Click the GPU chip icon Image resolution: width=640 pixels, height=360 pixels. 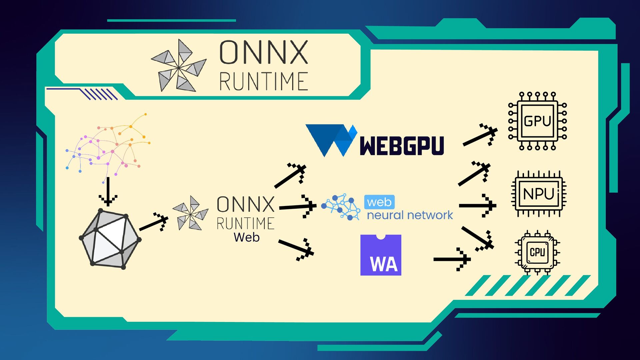(x=537, y=121)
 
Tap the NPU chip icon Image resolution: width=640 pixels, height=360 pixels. (x=539, y=194)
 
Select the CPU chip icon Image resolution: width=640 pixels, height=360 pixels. (x=537, y=252)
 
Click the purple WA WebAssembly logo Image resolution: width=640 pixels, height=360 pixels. (x=381, y=255)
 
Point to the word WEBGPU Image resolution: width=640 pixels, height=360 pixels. (x=402, y=146)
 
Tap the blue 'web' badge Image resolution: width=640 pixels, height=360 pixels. (x=379, y=202)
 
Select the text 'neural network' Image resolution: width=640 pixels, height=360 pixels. (x=410, y=215)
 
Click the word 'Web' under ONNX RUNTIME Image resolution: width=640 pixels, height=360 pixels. (x=246, y=237)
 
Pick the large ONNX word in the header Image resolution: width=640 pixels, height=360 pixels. (x=263, y=52)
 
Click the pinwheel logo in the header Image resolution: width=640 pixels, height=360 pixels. (x=179, y=66)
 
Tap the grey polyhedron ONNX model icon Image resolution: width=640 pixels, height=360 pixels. (x=110, y=239)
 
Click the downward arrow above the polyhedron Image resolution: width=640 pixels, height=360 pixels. (x=108, y=192)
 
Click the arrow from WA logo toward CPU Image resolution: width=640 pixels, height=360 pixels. (x=452, y=259)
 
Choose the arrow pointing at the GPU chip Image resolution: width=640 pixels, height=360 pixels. (x=480, y=136)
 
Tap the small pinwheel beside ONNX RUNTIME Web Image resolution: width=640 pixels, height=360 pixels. (x=190, y=213)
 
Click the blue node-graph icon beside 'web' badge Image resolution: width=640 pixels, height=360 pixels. (x=341, y=206)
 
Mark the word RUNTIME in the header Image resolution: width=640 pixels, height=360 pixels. (x=263, y=81)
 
